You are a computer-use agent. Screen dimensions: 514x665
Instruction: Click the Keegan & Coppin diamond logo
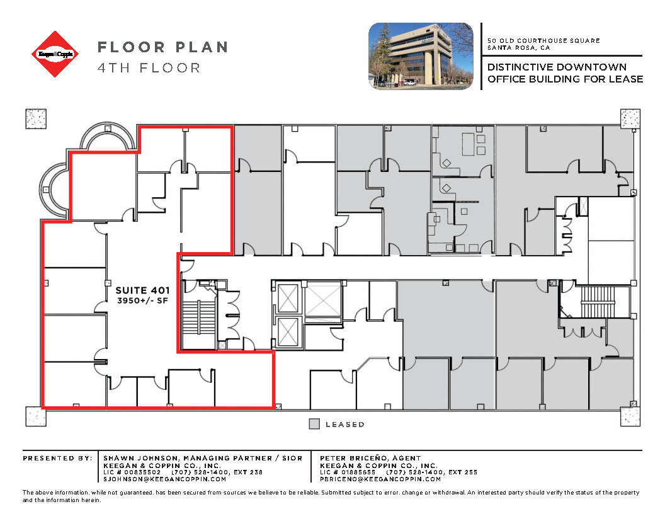click(57, 54)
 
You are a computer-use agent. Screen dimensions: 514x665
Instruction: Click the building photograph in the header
click(420, 55)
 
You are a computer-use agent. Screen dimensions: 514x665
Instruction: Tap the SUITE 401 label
click(140, 290)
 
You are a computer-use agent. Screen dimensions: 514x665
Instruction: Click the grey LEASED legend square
click(314, 424)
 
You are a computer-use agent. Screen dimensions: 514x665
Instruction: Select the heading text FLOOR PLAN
click(162, 47)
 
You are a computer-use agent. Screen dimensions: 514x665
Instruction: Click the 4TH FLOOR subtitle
click(149, 67)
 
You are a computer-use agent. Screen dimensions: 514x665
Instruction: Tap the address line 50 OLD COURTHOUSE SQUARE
click(543, 40)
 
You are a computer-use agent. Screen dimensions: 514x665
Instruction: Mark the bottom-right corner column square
click(630, 416)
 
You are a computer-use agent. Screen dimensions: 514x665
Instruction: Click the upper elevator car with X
click(288, 298)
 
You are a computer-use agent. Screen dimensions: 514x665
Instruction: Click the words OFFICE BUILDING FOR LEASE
click(565, 79)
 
